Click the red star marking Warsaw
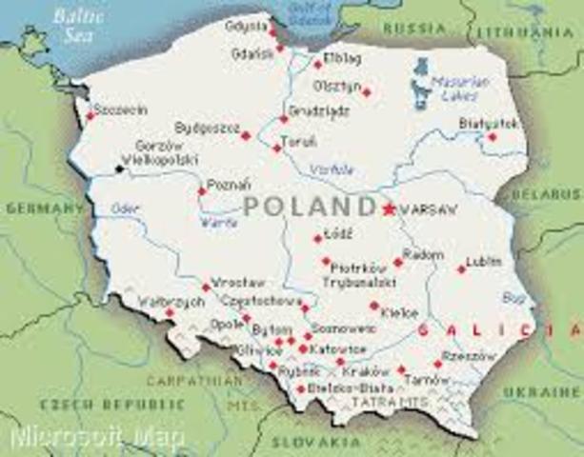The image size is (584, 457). [x=388, y=209]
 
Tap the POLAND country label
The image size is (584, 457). [x=308, y=207]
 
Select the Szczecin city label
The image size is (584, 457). [x=121, y=110]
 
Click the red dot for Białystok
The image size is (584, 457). [x=492, y=137]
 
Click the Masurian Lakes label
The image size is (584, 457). [x=459, y=89]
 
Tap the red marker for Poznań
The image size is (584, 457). [x=201, y=191]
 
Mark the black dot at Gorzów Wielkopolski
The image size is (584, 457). [x=119, y=169]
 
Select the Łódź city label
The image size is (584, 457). [x=338, y=233]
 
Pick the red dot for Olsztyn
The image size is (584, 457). [x=366, y=92]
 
